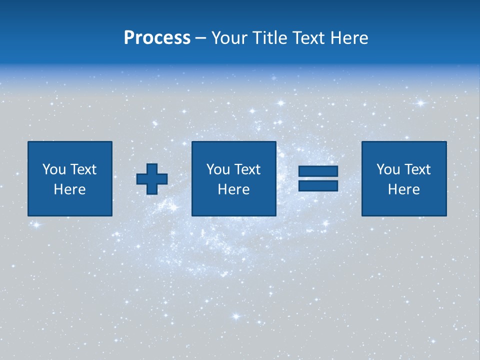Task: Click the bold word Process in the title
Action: pyautogui.click(x=157, y=38)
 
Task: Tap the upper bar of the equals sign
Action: pyautogui.click(x=318, y=171)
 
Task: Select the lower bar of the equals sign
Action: pyautogui.click(x=318, y=186)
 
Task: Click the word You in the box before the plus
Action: pyautogui.click(x=54, y=169)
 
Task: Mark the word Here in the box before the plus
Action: pyautogui.click(x=70, y=189)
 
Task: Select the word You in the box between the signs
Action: pyautogui.click(x=218, y=169)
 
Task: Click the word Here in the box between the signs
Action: pyautogui.click(x=234, y=189)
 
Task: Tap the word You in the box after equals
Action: pyautogui.click(x=388, y=169)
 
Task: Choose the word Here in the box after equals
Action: pyautogui.click(x=404, y=189)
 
